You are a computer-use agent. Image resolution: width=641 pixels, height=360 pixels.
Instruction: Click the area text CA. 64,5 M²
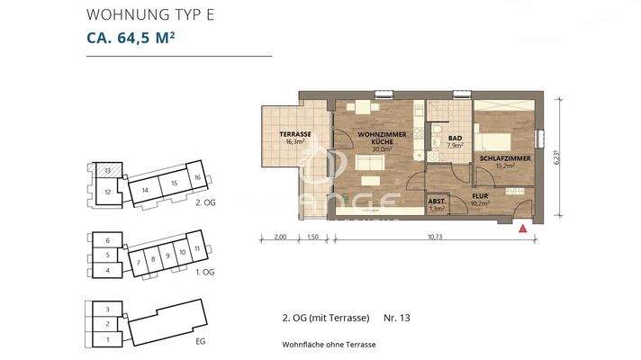tap(131, 38)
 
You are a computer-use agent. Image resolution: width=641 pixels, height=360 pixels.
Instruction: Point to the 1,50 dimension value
tap(311, 237)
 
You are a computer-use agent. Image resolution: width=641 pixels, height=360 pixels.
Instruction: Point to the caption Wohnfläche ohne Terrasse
tap(328, 345)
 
